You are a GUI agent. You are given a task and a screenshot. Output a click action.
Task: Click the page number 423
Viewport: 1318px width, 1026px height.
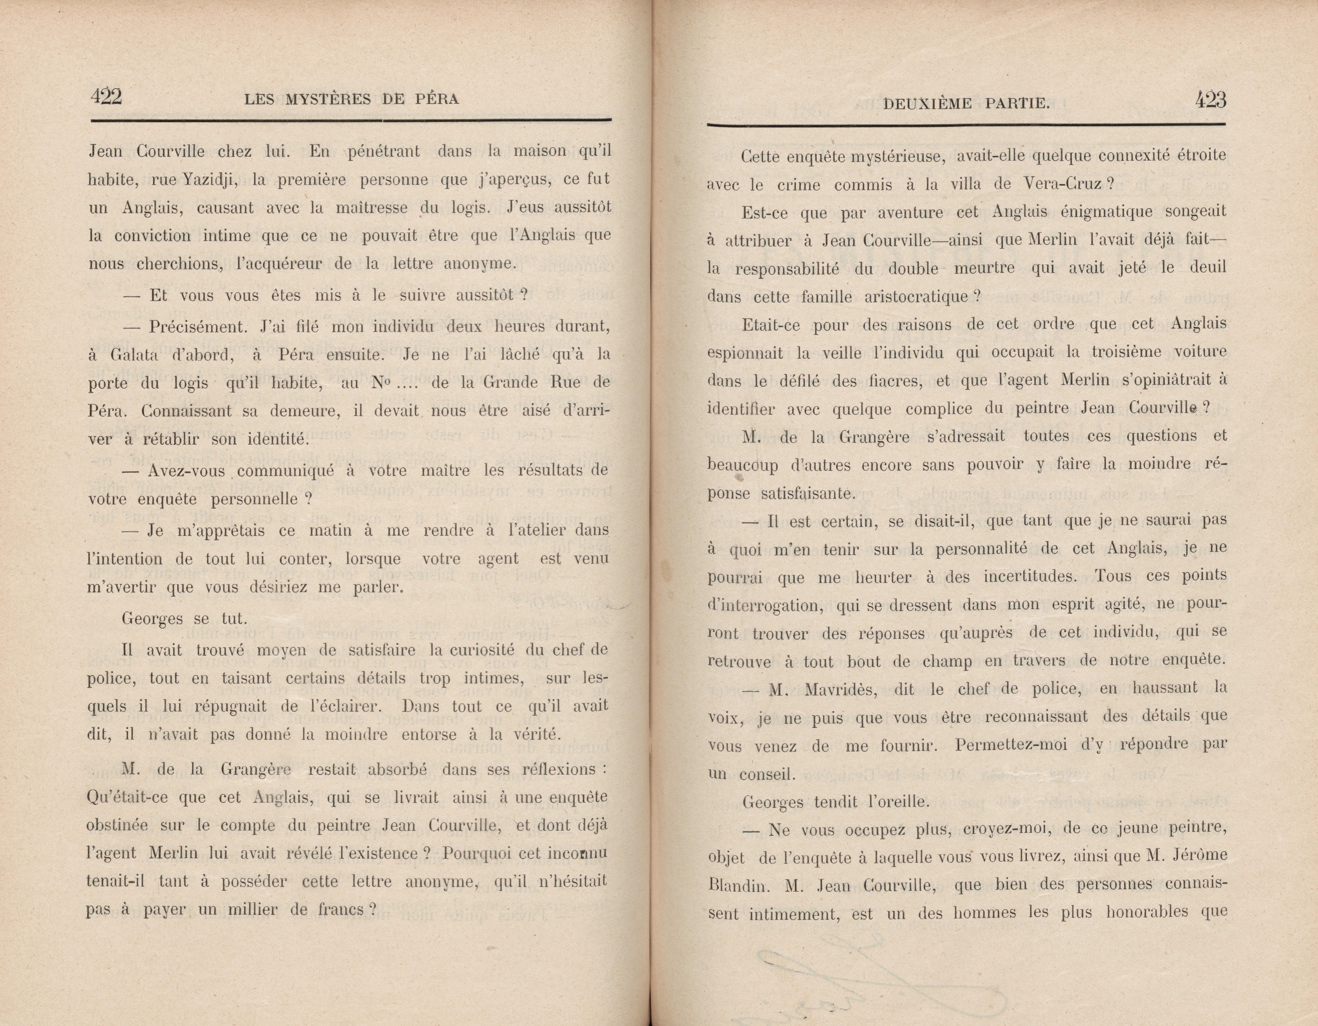click(x=1211, y=99)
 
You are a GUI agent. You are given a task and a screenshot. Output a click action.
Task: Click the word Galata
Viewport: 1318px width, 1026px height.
click(x=134, y=355)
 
